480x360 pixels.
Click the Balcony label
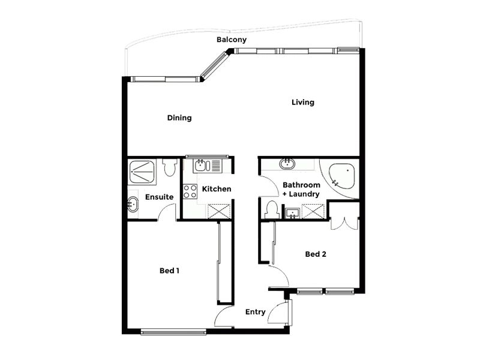[232, 40]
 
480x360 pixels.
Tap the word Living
[303, 102]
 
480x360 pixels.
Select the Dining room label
[179, 118]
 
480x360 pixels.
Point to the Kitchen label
[217, 189]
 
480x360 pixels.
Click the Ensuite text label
[159, 197]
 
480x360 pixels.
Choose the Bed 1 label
[169, 271]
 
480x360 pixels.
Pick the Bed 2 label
[316, 254]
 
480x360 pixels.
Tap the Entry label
[256, 312]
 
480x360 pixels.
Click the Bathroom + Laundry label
[301, 190]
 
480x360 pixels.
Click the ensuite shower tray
[142, 172]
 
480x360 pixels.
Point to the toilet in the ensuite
[170, 167]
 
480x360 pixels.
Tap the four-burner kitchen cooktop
[190, 191]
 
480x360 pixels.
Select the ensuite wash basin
[133, 205]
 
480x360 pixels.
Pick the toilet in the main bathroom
[272, 209]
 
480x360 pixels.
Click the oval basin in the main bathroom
[287, 164]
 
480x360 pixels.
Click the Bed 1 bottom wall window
[173, 332]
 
